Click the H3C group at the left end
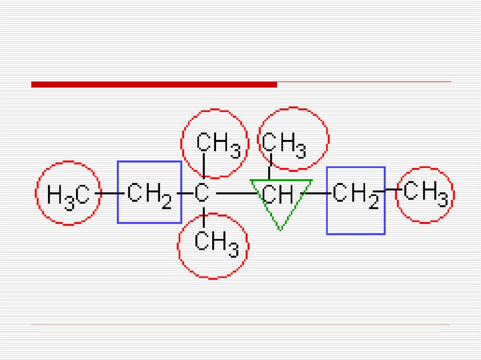tap(68, 193)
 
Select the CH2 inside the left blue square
tap(149, 193)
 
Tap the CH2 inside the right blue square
tap(356, 194)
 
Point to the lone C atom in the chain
tap(202, 192)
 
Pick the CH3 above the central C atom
tap(218, 143)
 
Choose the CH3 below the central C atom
tap(216, 243)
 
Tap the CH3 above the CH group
tap(284, 143)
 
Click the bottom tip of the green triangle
tap(280, 230)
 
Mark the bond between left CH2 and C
tap(184, 193)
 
